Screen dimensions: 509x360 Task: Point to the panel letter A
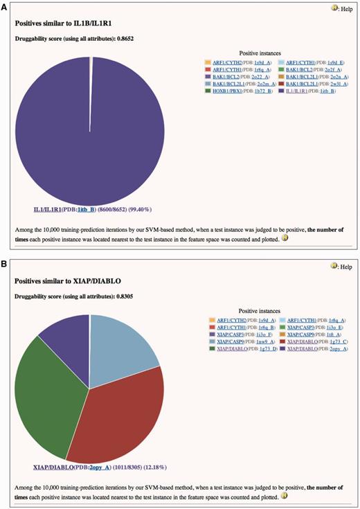5,6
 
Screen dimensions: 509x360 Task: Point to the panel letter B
5,262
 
